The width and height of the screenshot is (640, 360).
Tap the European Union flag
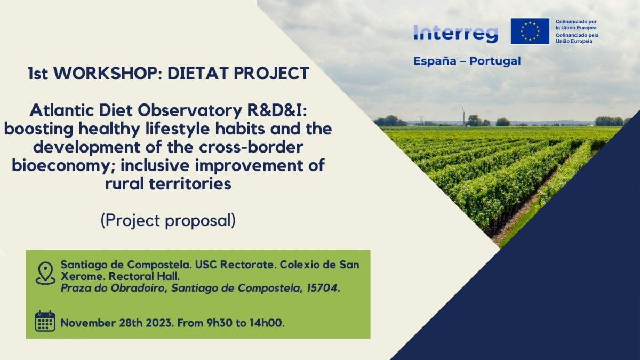point(530,31)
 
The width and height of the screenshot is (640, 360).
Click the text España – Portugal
point(467,61)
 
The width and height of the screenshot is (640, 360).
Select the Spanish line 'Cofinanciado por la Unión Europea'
point(575,24)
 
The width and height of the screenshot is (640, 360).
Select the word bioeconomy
point(59,165)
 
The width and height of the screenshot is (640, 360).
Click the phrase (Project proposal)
point(168,220)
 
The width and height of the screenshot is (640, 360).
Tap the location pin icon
point(45,273)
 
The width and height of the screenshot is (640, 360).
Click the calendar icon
point(45,321)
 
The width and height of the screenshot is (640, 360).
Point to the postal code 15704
point(322,289)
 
